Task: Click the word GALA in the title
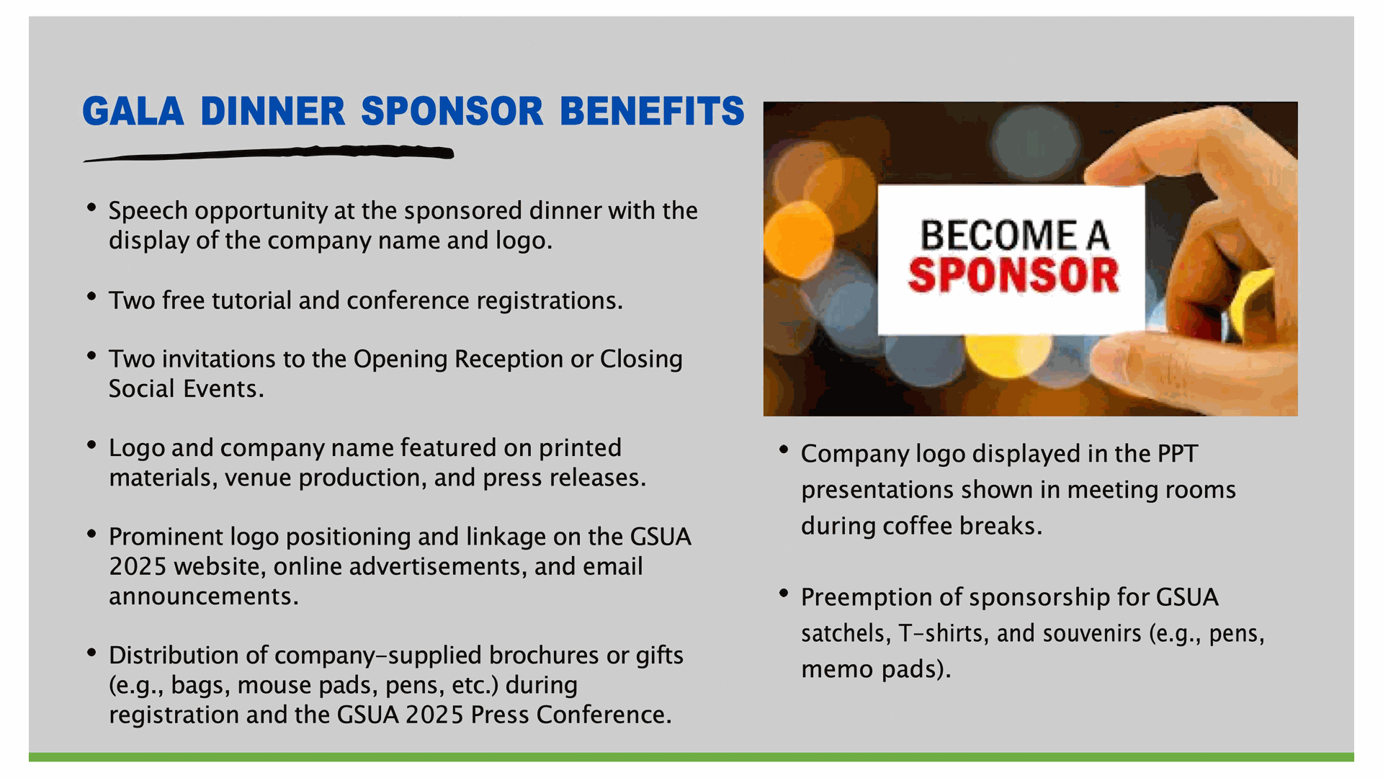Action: click(133, 111)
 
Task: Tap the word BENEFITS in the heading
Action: click(652, 111)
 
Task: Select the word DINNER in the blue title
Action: click(273, 111)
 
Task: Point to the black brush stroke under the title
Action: click(269, 153)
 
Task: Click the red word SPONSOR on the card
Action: click(1013, 275)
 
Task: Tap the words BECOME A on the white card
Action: click(1014, 236)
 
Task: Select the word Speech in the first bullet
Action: click(148, 211)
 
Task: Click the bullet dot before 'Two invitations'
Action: click(91, 356)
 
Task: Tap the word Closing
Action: click(641, 359)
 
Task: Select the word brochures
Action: click(544, 655)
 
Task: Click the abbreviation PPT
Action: click(1177, 454)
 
